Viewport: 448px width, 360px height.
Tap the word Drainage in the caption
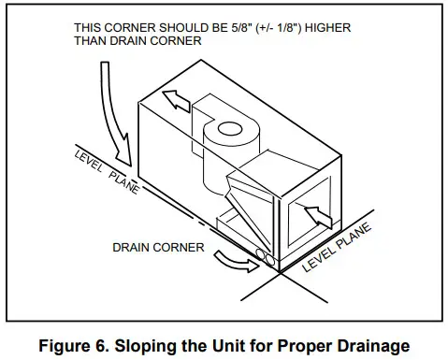[369, 345]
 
